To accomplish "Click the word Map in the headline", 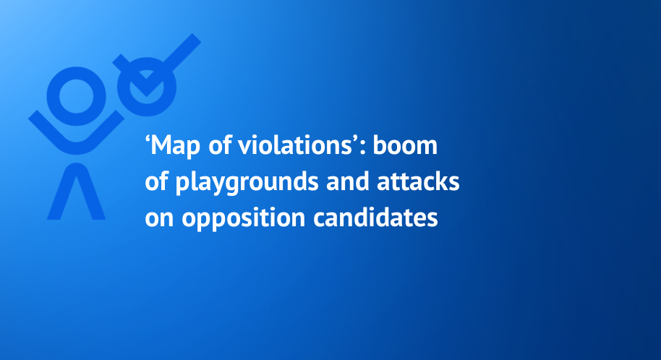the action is click(175, 146).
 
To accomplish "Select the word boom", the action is click(405, 145).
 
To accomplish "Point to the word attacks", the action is click(418, 181).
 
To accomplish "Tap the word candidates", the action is click(375, 218).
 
